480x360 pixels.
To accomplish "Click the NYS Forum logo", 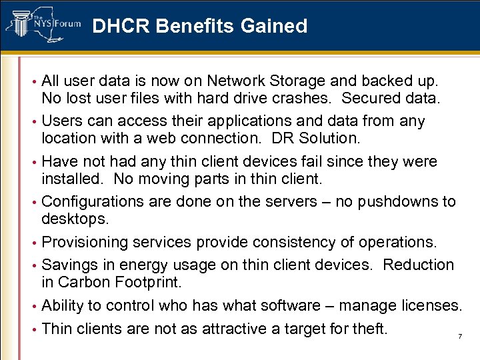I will point(43,25).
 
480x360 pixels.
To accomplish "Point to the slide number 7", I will point(460,337).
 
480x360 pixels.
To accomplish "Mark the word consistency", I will point(299,242).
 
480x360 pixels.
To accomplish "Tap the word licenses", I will point(431,306).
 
